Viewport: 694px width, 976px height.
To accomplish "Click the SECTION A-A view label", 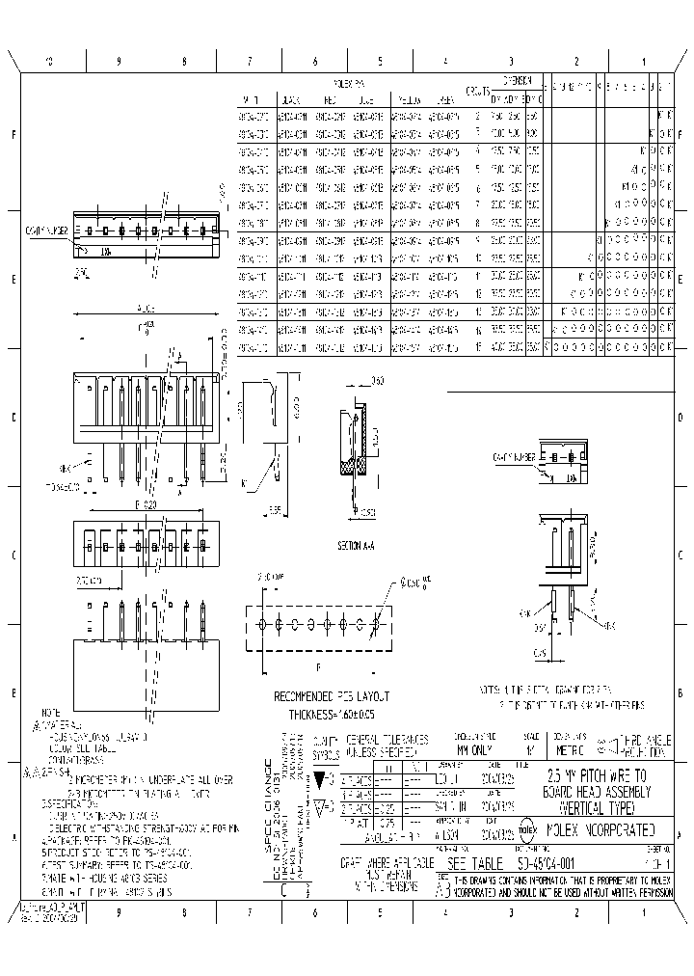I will [x=355, y=545].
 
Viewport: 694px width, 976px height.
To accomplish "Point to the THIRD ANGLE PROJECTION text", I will [x=642, y=744].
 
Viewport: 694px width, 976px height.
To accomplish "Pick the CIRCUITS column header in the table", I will [x=475, y=92].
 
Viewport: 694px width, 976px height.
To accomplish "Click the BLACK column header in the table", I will [x=292, y=99].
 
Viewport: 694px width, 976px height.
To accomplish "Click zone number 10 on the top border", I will [x=49, y=60].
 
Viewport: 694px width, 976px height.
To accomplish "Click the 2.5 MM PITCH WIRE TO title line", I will [x=604, y=775].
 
